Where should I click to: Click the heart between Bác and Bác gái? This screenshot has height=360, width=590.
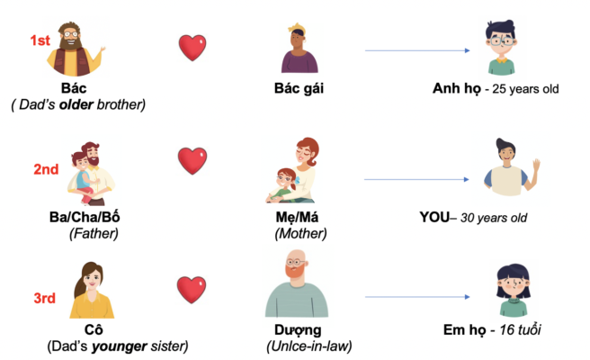pyautogui.click(x=192, y=47)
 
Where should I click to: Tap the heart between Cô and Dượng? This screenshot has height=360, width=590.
pyautogui.click(x=192, y=290)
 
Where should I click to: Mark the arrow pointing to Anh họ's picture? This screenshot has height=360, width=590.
pyautogui.click(x=418, y=51)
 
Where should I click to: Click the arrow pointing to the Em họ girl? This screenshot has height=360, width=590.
pyautogui.click(x=418, y=297)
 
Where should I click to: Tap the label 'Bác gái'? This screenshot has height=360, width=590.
pyautogui.click(x=299, y=88)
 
